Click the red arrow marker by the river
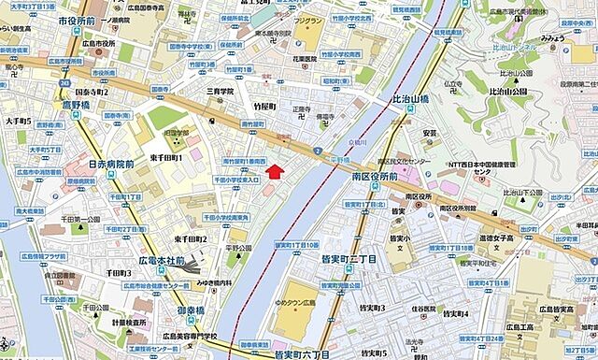pos(274,169)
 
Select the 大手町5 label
pos(17,122)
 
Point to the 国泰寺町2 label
pos(90,93)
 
